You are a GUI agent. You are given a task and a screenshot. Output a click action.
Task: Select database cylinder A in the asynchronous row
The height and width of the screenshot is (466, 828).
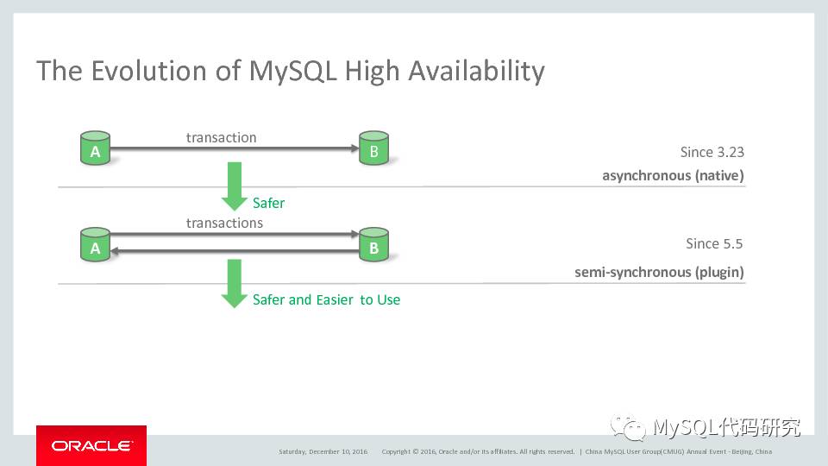pyautogui.click(x=95, y=149)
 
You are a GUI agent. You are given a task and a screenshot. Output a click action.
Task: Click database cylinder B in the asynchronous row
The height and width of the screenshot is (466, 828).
pyautogui.click(x=373, y=149)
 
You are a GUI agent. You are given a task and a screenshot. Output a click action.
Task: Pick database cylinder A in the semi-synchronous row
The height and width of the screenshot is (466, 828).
pyautogui.click(x=95, y=246)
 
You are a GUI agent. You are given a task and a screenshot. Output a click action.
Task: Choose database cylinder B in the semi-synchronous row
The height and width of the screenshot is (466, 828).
pyautogui.click(x=373, y=246)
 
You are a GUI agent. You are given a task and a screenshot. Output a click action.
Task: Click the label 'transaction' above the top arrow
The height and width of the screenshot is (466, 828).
pyautogui.click(x=222, y=137)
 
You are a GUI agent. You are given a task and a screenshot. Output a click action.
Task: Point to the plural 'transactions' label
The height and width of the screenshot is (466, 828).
pyautogui.click(x=224, y=223)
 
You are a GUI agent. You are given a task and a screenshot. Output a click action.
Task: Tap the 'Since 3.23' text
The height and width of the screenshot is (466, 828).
pyautogui.click(x=712, y=152)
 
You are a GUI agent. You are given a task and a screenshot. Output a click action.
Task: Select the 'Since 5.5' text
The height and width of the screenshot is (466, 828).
pyautogui.click(x=714, y=243)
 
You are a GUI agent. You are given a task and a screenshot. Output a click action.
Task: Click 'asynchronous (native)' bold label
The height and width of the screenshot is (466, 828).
pyautogui.click(x=673, y=176)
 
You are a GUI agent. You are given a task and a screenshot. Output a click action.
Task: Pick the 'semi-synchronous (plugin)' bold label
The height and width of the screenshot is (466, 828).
pyautogui.click(x=659, y=273)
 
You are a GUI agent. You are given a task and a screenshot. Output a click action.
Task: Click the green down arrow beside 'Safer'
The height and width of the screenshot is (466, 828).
pyautogui.click(x=235, y=186)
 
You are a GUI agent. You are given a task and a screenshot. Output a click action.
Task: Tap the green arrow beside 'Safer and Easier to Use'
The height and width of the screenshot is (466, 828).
pyautogui.click(x=235, y=283)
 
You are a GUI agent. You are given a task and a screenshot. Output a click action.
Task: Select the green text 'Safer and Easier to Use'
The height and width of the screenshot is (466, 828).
pyautogui.click(x=326, y=299)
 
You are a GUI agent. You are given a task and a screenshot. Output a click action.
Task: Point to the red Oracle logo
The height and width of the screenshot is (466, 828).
pyautogui.click(x=91, y=445)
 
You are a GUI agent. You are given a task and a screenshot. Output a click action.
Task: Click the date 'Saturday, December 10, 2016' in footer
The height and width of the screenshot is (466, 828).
pyautogui.click(x=323, y=451)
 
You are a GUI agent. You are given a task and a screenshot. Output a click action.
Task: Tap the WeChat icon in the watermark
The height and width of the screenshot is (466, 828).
pyautogui.click(x=629, y=426)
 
